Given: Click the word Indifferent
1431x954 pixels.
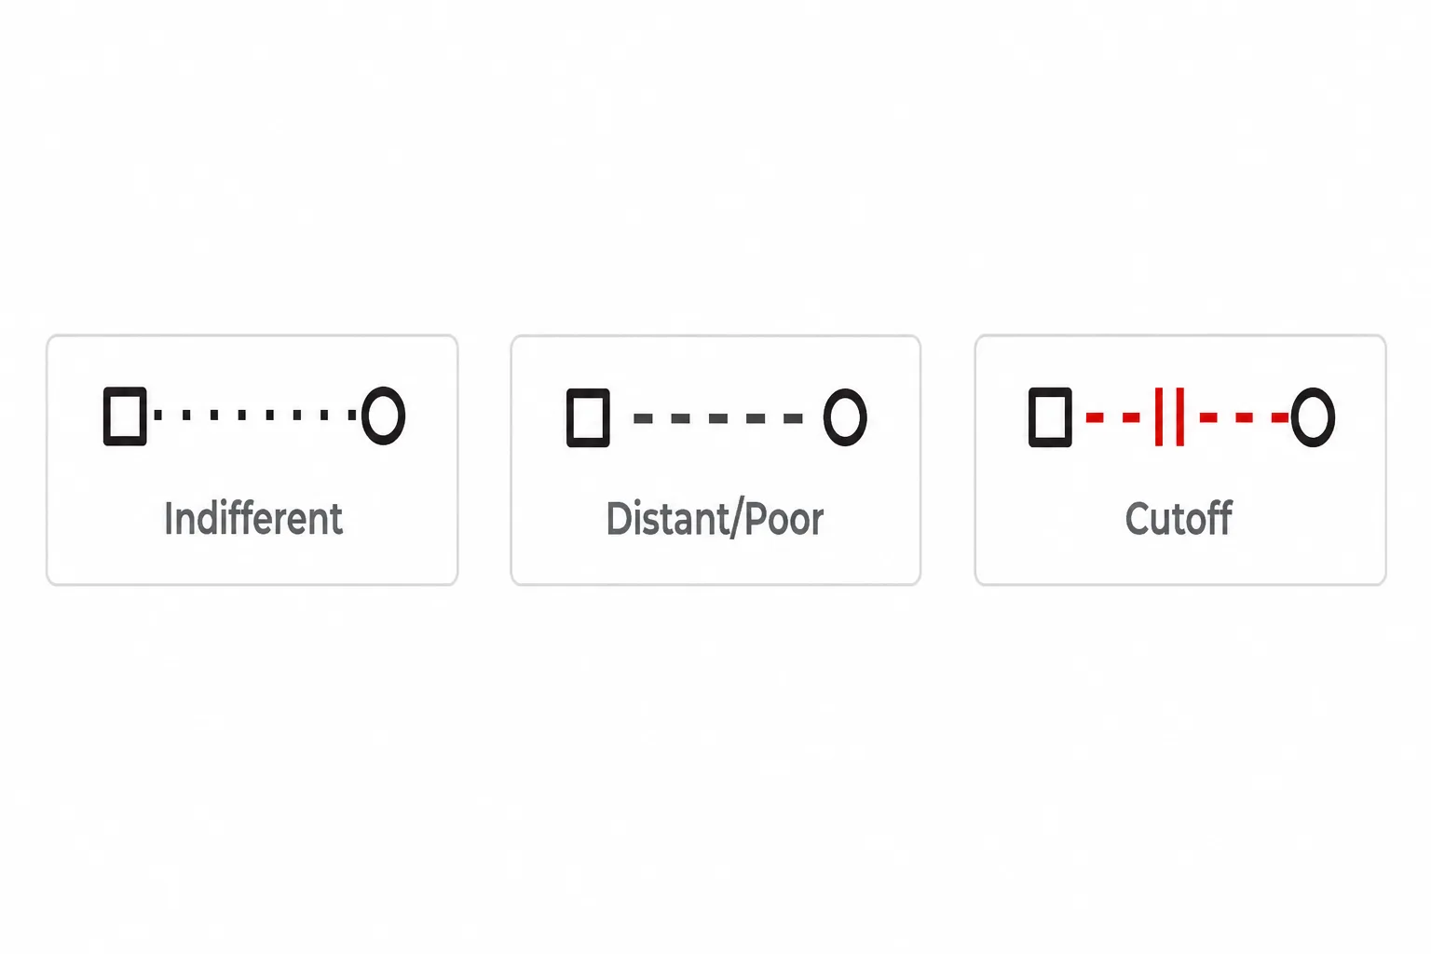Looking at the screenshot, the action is pyautogui.click(x=253, y=518).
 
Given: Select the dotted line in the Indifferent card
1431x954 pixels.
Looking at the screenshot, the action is pyautogui.click(x=255, y=416).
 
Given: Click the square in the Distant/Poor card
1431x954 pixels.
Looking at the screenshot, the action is pyautogui.click(x=568, y=418).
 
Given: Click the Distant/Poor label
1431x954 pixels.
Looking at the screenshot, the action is pyautogui.click(x=715, y=519).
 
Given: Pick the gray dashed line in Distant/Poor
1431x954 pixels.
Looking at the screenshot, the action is pyautogui.click(x=718, y=418).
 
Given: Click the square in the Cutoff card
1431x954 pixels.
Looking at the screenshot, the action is pyautogui.click(x=1030, y=417).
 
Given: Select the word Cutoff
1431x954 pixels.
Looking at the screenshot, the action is pyautogui.click(x=1179, y=518).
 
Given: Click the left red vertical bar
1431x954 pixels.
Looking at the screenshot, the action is pyautogui.click(x=1159, y=416).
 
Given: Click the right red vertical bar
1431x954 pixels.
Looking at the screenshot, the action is pyautogui.click(x=1180, y=416).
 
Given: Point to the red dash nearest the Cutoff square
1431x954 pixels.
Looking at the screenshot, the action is pyautogui.click(x=1095, y=418).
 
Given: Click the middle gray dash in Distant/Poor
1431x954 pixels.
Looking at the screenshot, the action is pyautogui.click(x=718, y=418).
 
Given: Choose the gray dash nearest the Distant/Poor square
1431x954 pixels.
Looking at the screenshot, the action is pyautogui.click(x=643, y=418).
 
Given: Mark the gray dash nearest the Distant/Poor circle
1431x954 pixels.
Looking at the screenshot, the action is pyautogui.click(x=794, y=418).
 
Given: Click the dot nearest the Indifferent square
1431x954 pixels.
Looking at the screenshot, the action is pyautogui.click(x=157, y=416).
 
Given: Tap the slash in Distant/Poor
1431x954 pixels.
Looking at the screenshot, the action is pyautogui.click(x=736, y=520).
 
